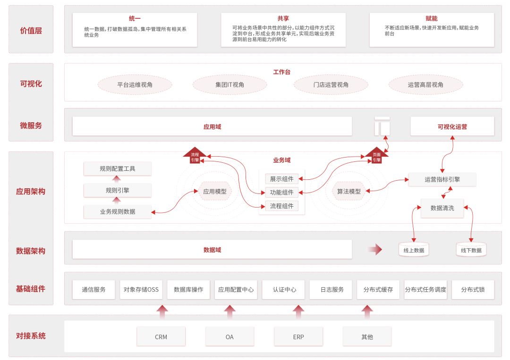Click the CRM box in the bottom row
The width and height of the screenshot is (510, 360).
coord(161,337)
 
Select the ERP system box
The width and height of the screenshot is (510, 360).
coord(298,337)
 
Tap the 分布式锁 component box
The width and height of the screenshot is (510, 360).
coord(473,290)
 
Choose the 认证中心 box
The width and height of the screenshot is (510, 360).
coord(285,290)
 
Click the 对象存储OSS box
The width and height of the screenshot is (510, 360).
coord(141,290)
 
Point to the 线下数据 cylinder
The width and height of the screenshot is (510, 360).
coord(471,250)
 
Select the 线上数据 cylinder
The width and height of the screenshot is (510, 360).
coord(414,250)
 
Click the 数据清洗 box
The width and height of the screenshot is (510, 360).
coord(442,208)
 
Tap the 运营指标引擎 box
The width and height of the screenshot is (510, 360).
coord(442,179)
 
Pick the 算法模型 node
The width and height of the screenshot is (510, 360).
coord(348,191)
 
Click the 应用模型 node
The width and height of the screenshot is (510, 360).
coord(215,191)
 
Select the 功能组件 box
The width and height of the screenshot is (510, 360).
coord(282,193)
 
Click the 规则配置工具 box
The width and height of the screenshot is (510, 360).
coord(118,168)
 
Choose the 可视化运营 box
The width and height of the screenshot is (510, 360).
coord(452,126)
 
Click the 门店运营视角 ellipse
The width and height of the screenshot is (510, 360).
coord(331,85)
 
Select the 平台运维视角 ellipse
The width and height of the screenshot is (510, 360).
coord(135,85)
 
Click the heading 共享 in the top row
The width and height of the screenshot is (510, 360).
coord(283,18)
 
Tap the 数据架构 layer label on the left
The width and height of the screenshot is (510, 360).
coord(31,251)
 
